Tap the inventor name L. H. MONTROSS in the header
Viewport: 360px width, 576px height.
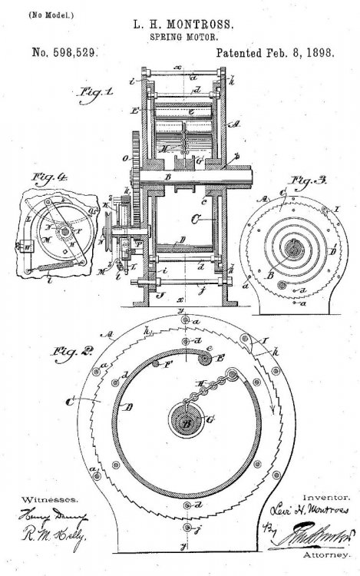(180, 26)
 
